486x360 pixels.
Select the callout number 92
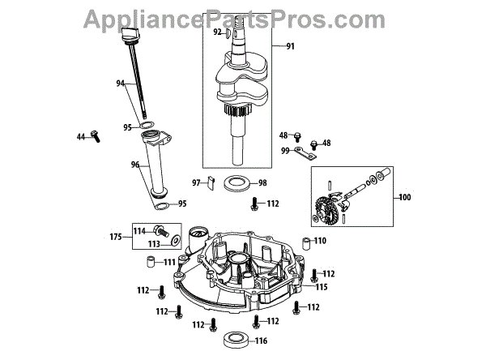pos(218,32)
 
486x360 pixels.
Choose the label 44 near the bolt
pos(81,137)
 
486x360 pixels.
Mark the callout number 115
pos(322,287)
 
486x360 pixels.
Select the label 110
pos(320,241)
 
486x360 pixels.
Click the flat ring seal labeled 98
pos(237,182)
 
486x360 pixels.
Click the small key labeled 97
pos(210,182)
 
